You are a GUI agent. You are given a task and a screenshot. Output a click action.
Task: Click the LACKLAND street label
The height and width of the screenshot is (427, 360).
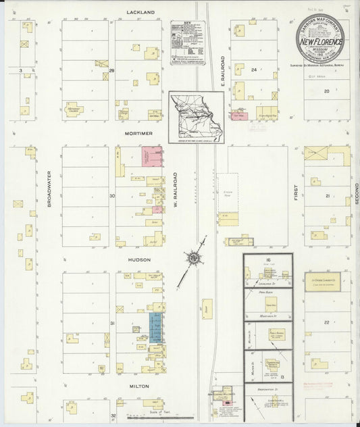pyautogui.click(x=140, y=12)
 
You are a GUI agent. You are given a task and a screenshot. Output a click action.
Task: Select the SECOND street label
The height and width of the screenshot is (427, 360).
pyautogui.click(x=353, y=196)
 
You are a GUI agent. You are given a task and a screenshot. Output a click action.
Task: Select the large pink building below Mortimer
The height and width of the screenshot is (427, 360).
pyautogui.click(x=151, y=157)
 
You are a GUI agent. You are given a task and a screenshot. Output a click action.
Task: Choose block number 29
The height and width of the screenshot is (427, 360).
pyautogui.click(x=112, y=70)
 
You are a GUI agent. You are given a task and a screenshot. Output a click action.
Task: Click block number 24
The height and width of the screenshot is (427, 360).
pyautogui.click(x=255, y=70)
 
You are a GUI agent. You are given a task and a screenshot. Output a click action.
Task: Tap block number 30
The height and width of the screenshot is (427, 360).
pyautogui.click(x=113, y=196)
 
